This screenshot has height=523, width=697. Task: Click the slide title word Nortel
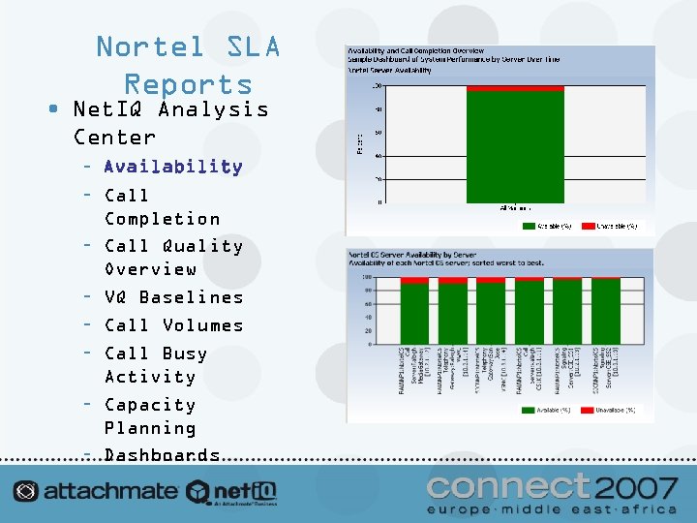149,46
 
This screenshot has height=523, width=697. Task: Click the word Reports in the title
188,85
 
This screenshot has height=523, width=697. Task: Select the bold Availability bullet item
173,167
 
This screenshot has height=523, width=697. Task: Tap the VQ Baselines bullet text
173,297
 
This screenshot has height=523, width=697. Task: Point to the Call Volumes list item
173,325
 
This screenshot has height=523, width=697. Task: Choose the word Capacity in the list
149,405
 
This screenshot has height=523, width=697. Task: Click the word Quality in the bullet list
202,246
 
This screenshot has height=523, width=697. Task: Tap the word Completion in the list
162,219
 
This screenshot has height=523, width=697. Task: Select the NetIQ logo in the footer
232,491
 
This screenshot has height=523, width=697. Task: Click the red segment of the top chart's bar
515,88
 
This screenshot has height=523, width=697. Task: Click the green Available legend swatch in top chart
530,226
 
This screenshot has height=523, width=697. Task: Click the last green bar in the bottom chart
606,311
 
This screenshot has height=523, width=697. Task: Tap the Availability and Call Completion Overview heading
415,51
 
